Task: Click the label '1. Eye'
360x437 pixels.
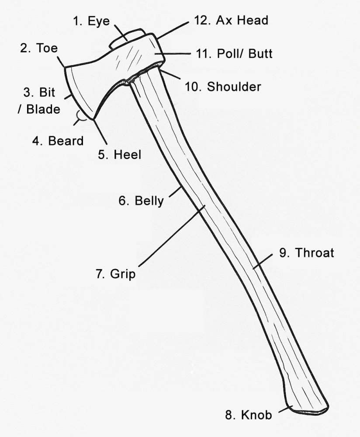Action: tap(91, 21)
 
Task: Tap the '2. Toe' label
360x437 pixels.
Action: tap(39, 48)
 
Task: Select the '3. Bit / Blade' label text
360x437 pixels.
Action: tap(39, 101)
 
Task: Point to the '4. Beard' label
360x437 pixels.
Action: tap(58, 141)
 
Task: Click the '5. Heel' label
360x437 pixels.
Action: tap(119, 154)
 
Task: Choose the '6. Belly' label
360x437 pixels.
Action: tap(141, 201)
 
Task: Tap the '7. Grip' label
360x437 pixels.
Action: tap(115, 274)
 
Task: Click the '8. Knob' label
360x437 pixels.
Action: tap(248, 415)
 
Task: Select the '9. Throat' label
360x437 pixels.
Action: tap(307, 253)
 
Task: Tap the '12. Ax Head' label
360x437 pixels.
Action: tap(231, 21)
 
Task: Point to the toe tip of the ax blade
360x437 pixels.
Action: tap(65, 67)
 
